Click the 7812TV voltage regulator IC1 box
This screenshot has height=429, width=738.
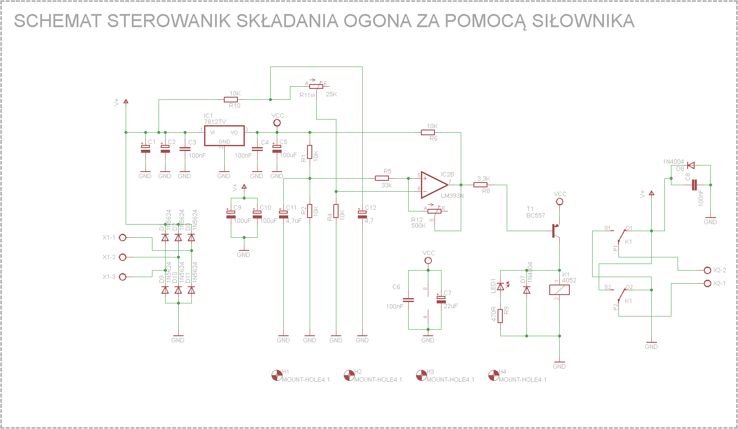224,135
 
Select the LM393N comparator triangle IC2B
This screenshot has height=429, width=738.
434,185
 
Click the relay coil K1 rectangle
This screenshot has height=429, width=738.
559,290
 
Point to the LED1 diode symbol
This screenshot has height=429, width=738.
501,287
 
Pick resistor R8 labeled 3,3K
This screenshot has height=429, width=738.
480,185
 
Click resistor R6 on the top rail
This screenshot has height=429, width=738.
428,132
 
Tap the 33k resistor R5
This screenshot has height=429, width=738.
382,178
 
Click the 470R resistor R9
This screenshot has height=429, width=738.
501,316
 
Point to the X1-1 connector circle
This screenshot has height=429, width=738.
123,238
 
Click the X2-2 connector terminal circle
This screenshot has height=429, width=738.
707,271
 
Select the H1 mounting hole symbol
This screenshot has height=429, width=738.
277,376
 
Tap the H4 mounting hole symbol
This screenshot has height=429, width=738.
494,376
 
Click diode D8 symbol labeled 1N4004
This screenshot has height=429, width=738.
691,165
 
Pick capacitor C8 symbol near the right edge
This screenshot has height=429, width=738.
694,185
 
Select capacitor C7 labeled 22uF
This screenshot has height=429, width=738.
441,300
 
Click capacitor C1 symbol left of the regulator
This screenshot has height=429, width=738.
145,149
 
